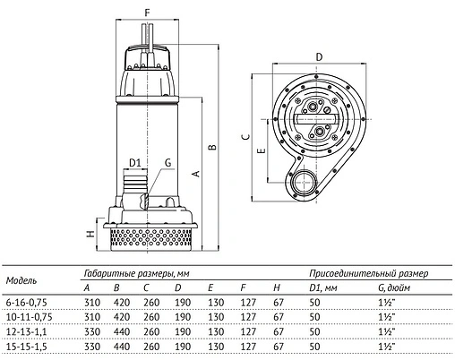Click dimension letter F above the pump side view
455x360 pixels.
pyautogui.click(x=146, y=12)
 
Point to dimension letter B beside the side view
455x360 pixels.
pyautogui.click(x=212, y=146)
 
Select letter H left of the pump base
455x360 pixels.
pyautogui.click(x=89, y=235)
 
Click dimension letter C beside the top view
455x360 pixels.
pyautogui.click(x=245, y=136)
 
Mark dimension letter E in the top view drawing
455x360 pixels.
pyautogui.click(x=260, y=152)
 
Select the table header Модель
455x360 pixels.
pyautogui.click(x=21, y=280)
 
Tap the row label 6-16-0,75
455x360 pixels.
pyautogui.click(x=29, y=302)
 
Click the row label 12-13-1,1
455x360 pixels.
pyautogui.click(x=27, y=330)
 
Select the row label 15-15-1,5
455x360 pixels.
pyautogui.click(x=27, y=345)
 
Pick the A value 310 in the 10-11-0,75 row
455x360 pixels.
pyautogui.click(x=91, y=316)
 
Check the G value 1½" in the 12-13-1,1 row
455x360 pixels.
pyautogui.click(x=385, y=330)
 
